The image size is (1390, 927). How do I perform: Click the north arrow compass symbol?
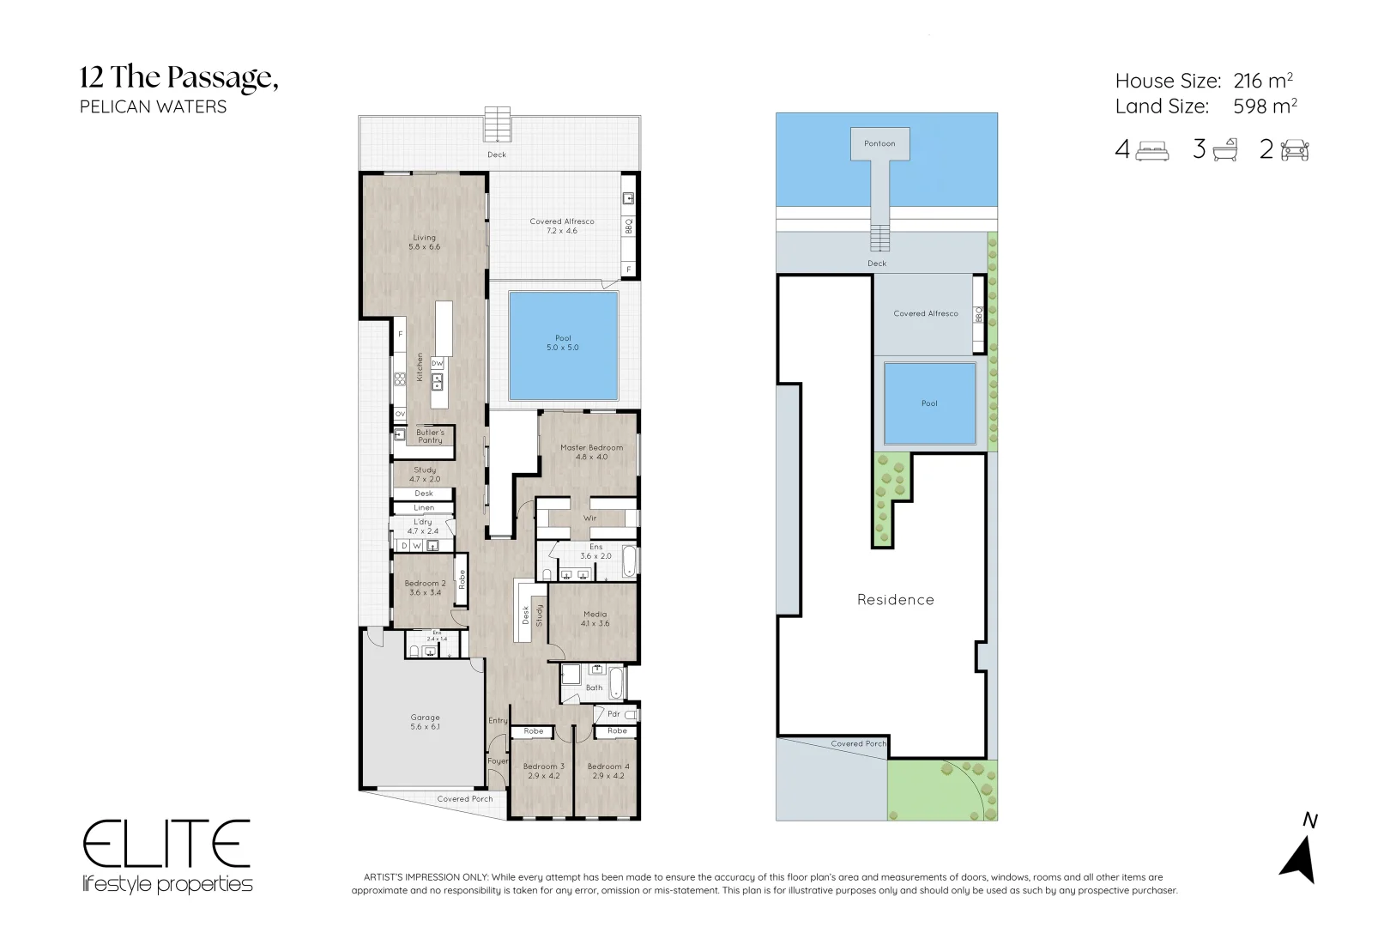tap(1298, 859)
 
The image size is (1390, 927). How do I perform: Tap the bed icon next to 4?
tap(1152, 151)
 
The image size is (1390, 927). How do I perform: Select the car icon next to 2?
tap(1295, 151)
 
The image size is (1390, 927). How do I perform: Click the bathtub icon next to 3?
tap(1225, 150)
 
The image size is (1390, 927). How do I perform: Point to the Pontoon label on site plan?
tap(879, 143)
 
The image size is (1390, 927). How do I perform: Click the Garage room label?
tap(425, 722)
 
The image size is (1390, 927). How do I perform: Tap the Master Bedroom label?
tap(591, 451)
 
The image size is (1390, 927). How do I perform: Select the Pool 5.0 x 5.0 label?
tap(563, 342)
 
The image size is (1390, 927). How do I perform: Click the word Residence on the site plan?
tap(895, 600)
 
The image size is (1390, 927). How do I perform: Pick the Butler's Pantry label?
tap(430, 436)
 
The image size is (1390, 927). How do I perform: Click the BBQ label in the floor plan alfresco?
tap(628, 226)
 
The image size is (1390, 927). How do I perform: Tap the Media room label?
tap(595, 619)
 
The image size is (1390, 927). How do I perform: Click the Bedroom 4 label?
tap(608, 771)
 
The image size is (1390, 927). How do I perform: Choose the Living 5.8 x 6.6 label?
tap(424, 242)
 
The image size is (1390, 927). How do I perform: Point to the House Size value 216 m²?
tap(1262, 81)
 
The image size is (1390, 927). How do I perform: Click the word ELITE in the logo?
tap(166, 845)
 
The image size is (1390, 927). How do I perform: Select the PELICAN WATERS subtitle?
tap(153, 107)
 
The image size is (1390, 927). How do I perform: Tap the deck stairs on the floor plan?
tap(497, 124)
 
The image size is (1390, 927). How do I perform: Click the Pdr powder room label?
tap(613, 713)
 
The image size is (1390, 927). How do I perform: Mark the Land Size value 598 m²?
tap(1264, 106)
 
